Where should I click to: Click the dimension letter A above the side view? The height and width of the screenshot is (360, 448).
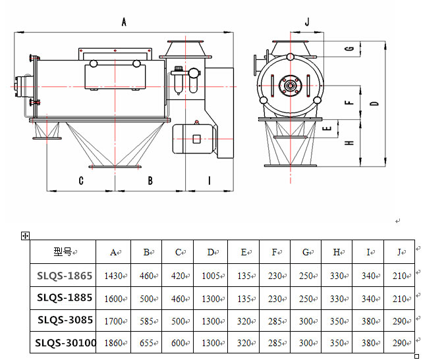(x=124, y=22)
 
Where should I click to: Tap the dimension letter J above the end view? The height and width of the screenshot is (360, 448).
(x=307, y=22)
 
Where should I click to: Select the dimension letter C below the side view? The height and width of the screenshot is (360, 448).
(x=81, y=180)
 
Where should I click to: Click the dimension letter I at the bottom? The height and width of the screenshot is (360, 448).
(x=210, y=180)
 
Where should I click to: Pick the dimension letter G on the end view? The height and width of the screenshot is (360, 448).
(x=350, y=49)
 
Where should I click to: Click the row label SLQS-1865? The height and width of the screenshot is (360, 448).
(x=65, y=276)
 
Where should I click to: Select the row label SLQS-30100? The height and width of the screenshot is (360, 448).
(x=65, y=342)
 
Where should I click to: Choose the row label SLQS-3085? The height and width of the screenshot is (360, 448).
(x=65, y=320)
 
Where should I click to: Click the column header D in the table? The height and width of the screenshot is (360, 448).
(x=210, y=252)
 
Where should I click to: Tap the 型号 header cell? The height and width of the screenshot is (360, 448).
(x=63, y=252)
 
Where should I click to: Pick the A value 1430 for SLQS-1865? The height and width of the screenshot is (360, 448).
(x=113, y=276)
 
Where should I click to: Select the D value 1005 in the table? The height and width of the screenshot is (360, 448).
(x=211, y=276)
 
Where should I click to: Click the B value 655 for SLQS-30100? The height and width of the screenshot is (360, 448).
(x=146, y=343)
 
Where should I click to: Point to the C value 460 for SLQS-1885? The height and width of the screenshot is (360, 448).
(x=178, y=299)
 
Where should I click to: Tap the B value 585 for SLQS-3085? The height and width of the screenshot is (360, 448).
(x=146, y=321)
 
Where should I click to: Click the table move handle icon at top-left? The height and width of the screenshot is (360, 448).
(x=25, y=236)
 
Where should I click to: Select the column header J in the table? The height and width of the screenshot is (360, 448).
(x=399, y=252)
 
